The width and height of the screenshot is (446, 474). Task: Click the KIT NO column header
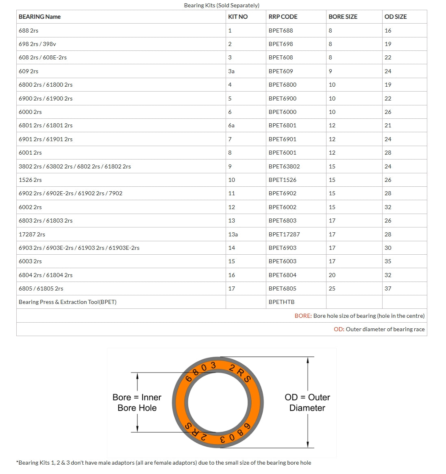pyautogui.click(x=238, y=17)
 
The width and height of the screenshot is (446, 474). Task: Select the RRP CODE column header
pyautogui.click(x=283, y=17)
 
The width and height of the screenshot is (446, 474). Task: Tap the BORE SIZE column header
pyautogui.click(x=343, y=17)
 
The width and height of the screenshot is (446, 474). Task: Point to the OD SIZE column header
pyautogui.click(x=395, y=17)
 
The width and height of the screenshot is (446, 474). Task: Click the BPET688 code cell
pyautogui.click(x=281, y=31)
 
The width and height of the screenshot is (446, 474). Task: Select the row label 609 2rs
pyautogui.click(x=28, y=71)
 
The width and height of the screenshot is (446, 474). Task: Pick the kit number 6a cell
pyautogui.click(x=231, y=125)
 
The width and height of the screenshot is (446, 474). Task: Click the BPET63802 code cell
pyautogui.click(x=284, y=166)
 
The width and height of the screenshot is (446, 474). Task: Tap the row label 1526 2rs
pyautogui.click(x=30, y=180)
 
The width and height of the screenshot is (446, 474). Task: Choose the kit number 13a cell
pyautogui.click(x=233, y=234)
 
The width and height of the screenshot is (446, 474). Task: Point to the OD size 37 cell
pyautogui.click(x=388, y=288)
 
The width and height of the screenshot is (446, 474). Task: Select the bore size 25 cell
pyautogui.click(x=332, y=288)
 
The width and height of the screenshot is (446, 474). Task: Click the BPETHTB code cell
pyautogui.click(x=281, y=302)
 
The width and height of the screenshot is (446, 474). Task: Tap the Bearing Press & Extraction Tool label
pyautogui.click(x=67, y=302)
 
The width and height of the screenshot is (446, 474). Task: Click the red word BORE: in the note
pyautogui.click(x=303, y=316)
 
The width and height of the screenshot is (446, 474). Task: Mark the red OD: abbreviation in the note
pyautogui.click(x=339, y=329)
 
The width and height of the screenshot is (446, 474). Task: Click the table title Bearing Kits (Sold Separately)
pyautogui.click(x=222, y=5)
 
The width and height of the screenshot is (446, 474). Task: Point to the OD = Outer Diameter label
pyautogui.click(x=307, y=402)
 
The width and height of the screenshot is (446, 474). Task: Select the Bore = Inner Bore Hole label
pyautogui.click(x=137, y=402)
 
